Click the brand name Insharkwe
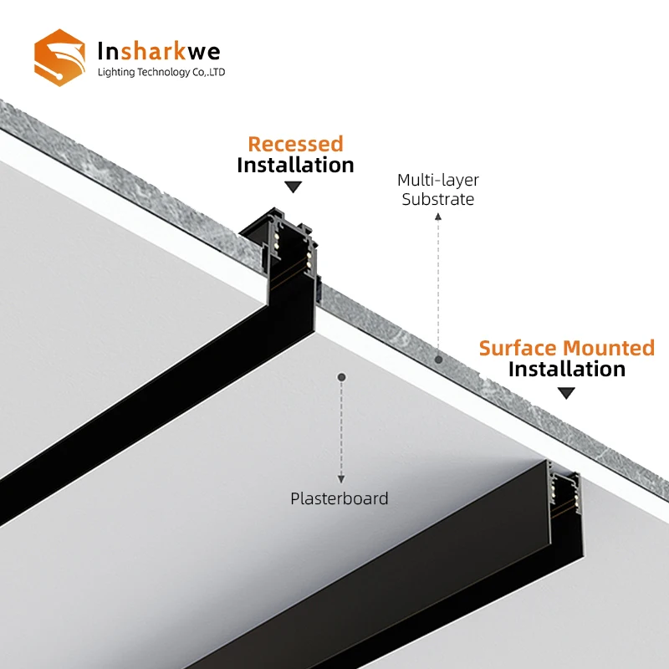(160, 51)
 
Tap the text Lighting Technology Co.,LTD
(162, 73)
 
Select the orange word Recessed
(295, 144)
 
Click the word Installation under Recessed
(295, 165)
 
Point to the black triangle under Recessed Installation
(293, 187)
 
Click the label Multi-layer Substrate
(438, 189)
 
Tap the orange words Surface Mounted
(566, 348)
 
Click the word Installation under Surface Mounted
(566, 369)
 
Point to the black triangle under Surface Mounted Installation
(567, 392)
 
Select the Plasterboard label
(340, 498)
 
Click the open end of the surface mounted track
(564, 490)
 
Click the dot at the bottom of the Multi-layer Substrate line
(437, 358)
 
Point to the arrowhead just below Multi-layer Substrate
(437, 216)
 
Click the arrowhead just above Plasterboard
(341, 478)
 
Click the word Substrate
(438, 199)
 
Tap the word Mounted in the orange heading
(609, 348)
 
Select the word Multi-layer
(438, 180)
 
